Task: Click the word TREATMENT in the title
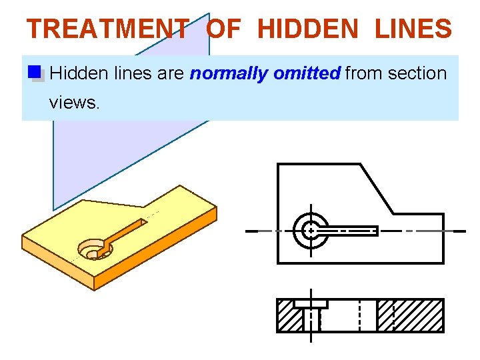(x=107, y=29)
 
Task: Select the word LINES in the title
(x=413, y=29)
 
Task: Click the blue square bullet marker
(x=35, y=73)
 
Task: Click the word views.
(x=73, y=102)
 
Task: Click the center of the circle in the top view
(x=310, y=231)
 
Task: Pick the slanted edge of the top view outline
(x=377, y=189)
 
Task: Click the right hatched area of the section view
(x=409, y=315)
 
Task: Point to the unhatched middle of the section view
(x=347, y=315)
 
